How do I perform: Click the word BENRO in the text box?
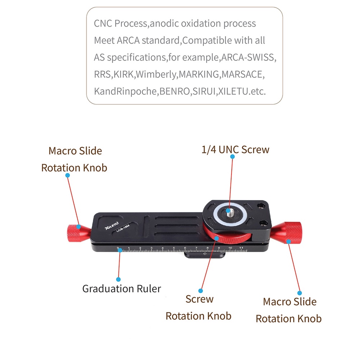pos(175,91)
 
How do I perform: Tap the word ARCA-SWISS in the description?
pos(248,57)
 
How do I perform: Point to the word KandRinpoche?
pos(125,91)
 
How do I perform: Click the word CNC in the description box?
pos(103,23)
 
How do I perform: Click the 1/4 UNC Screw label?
pos(235,150)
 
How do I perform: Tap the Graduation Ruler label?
pos(122,289)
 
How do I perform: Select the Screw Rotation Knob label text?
pos(199,307)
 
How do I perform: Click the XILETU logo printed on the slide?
pos(112,226)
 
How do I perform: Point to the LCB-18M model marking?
pos(123,229)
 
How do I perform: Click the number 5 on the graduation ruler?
pos(174,248)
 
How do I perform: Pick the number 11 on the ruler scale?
pos(241,248)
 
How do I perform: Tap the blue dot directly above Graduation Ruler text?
pos(118,279)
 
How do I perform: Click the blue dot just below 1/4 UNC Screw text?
pos(232,157)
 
